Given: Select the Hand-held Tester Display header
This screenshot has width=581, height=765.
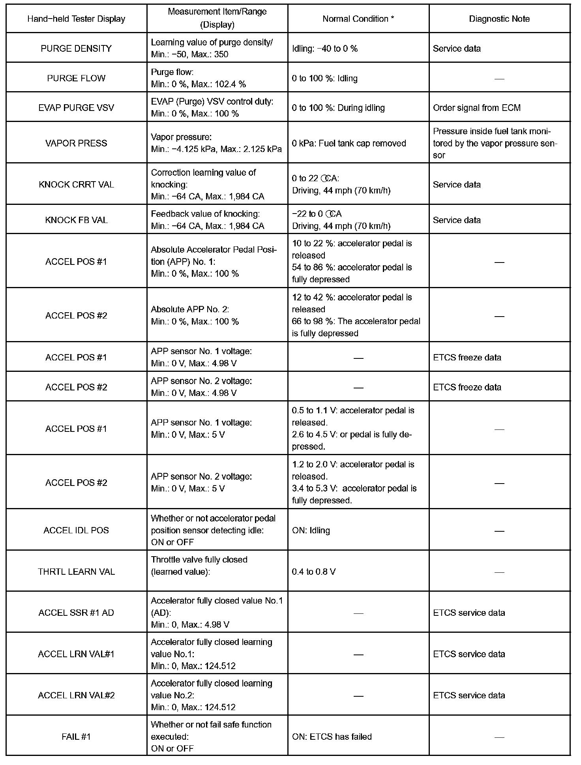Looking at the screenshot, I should tap(76, 19).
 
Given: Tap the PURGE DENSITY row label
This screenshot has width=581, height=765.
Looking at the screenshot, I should tap(76, 49).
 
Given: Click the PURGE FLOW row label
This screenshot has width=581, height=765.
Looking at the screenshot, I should tap(76, 78).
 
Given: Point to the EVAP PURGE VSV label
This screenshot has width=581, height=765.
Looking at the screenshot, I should tap(76, 108).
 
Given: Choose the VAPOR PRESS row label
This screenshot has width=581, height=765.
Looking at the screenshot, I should tap(76, 143).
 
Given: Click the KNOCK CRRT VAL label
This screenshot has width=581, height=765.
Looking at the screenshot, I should tap(76, 185).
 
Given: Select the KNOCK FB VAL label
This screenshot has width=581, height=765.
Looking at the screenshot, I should tap(76, 220).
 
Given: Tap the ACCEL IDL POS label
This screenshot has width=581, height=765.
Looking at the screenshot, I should tap(76, 530).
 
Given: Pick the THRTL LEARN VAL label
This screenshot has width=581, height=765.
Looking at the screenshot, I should tap(76, 572).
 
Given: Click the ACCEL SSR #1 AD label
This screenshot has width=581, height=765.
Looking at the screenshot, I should tap(76, 613).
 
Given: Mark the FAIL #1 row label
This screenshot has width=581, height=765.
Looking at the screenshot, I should tap(76, 737).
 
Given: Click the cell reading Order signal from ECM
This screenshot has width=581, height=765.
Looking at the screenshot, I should tap(476, 108).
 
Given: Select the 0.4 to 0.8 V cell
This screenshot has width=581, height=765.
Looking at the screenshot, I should tap(314, 572).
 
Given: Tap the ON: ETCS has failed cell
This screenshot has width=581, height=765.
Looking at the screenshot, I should tap(332, 737).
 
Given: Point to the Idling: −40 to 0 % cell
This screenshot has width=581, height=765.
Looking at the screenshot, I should tap(324, 49).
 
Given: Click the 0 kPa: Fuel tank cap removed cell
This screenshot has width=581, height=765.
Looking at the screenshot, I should tap(349, 143).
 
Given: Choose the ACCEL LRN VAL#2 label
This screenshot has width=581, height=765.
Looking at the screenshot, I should tap(76, 695).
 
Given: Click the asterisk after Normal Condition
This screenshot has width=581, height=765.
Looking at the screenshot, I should tap(392, 18).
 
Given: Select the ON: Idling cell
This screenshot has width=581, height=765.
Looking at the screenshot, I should tap(311, 530).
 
